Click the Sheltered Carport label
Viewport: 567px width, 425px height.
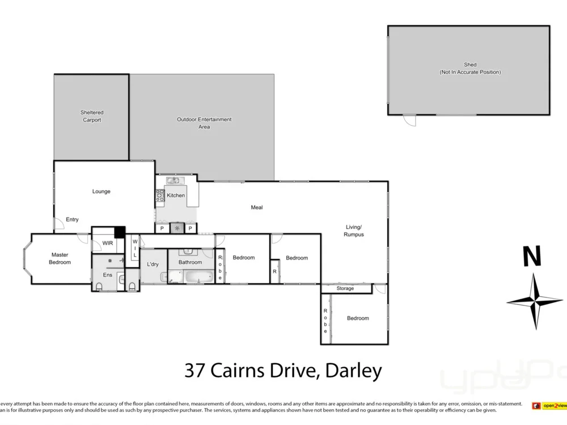tap(92, 116)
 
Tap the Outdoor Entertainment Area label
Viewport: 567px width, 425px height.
tap(204, 123)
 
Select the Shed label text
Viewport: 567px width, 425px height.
tap(470, 68)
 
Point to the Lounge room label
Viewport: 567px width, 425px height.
tap(101, 192)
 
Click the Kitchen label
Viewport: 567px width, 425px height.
tap(176, 195)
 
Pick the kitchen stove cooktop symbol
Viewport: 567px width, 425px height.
tap(160, 195)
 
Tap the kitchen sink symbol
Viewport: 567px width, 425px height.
tap(173, 181)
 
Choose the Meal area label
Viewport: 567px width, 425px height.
tap(257, 207)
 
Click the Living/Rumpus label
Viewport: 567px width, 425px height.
tap(354, 231)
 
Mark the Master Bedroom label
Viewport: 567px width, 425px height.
tap(60, 258)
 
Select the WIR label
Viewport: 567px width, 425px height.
tap(108, 244)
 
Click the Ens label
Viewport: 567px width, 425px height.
tap(107, 275)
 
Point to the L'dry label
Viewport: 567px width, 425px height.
tap(153, 265)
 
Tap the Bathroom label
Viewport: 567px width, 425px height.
tap(190, 262)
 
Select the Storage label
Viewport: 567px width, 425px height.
tap(345, 288)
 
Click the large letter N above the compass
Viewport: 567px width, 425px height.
tap(532, 257)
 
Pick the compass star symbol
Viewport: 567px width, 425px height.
tap(534, 301)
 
